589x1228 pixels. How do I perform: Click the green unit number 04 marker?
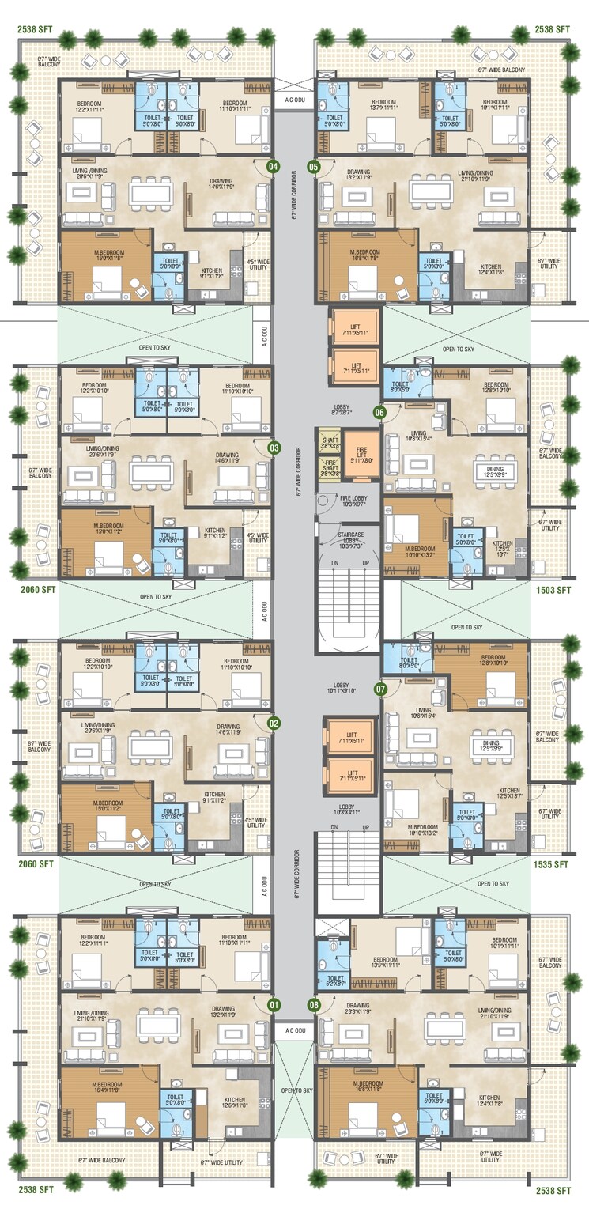[274, 167]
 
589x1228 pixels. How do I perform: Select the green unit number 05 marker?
[314, 167]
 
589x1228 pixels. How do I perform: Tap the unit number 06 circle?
[380, 412]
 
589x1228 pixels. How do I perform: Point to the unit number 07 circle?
[380, 689]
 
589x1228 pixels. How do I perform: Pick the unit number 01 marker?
[274, 1005]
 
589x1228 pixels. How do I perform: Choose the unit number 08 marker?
[314, 1005]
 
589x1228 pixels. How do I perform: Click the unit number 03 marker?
[274, 448]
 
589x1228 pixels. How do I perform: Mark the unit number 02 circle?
[274, 723]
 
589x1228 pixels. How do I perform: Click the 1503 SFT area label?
[553, 590]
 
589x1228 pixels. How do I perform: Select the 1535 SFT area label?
[553, 865]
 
